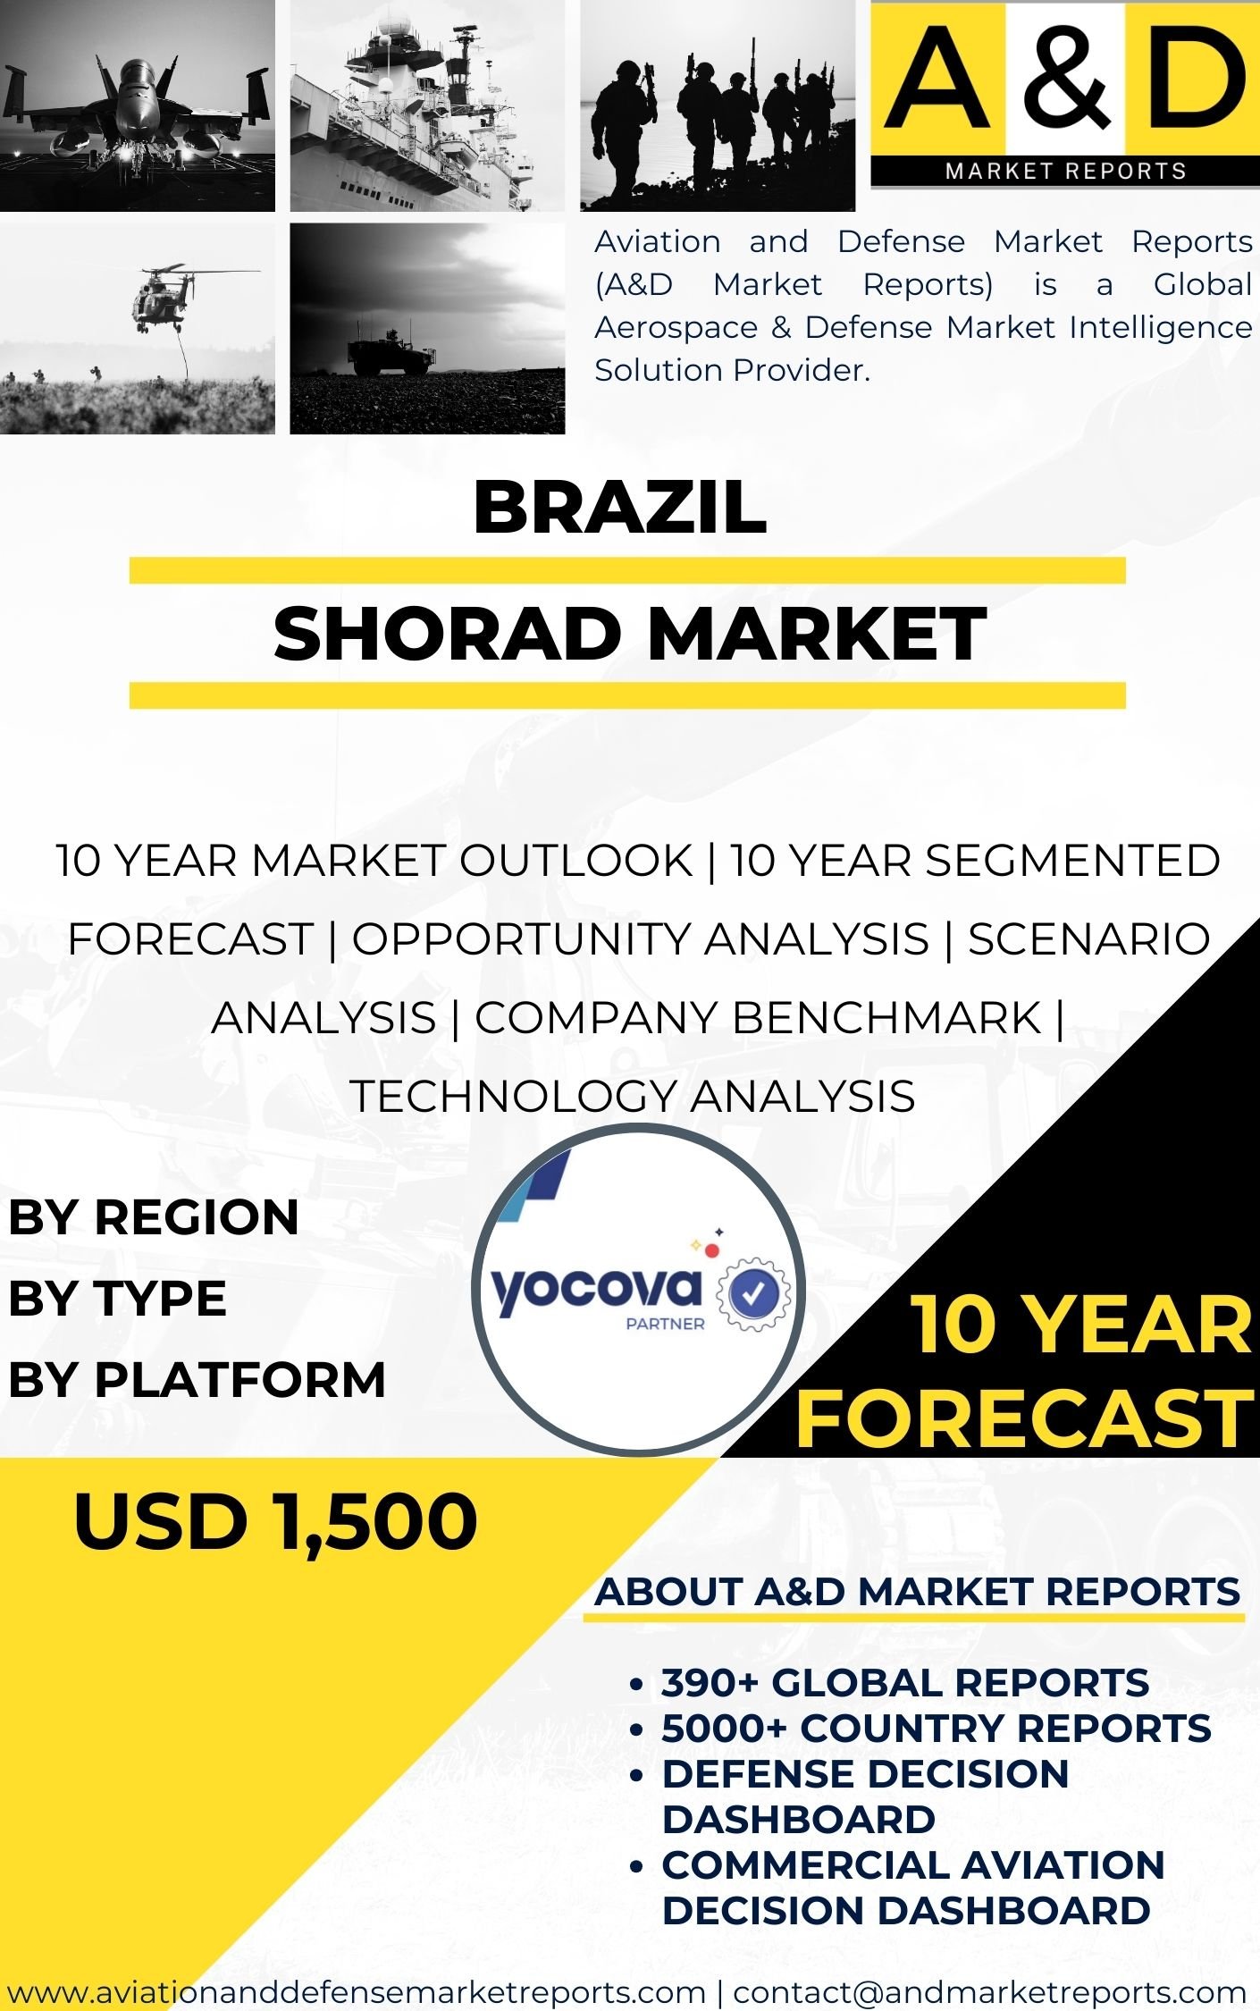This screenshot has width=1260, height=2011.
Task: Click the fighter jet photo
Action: (x=138, y=105)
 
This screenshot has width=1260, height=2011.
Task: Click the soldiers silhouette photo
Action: (x=718, y=105)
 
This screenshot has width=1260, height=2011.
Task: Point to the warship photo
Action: (x=427, y=105)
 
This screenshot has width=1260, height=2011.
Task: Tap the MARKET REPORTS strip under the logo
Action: (x=1065, y=171)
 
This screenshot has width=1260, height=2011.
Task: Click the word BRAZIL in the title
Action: (x=620, y=508)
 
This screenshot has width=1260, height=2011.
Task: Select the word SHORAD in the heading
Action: (x=447, y=633)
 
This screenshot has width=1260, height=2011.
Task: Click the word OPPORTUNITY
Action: (x=640, y=939)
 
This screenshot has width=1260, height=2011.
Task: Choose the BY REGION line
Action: (x=154, y=1217)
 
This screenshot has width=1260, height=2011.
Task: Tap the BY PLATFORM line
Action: (x=197, y=1379)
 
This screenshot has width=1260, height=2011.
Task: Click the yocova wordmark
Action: (x=596, y=1290)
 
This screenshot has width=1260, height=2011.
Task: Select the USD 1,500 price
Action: (x=275, y=1522)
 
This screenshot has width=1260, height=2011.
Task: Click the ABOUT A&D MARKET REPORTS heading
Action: (x=918, y=1592)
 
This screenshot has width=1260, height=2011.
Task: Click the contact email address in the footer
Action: (x=989, y=1991)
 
